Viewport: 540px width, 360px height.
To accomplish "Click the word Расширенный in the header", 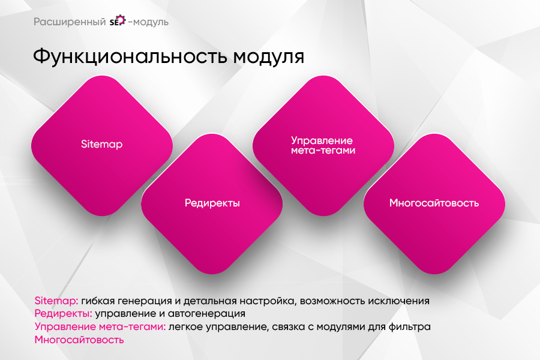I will tap(70, 22).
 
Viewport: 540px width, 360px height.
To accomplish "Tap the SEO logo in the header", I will tap(117, 22).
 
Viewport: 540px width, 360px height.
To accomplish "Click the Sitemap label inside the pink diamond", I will tap(102, 145).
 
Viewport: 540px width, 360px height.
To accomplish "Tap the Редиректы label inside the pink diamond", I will tap(212, 203).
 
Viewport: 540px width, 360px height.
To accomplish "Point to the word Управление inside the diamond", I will tap(323, 140).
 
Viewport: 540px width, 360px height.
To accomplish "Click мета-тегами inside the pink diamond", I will tap(323, 151).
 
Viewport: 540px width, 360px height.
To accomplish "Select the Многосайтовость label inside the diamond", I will tap(434, 203).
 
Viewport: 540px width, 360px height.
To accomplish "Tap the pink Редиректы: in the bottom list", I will tap(62, 314).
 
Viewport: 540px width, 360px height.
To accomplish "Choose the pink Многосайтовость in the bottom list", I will tap(79, 340).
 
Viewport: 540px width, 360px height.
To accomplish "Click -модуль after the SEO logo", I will tap(148, 22).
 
